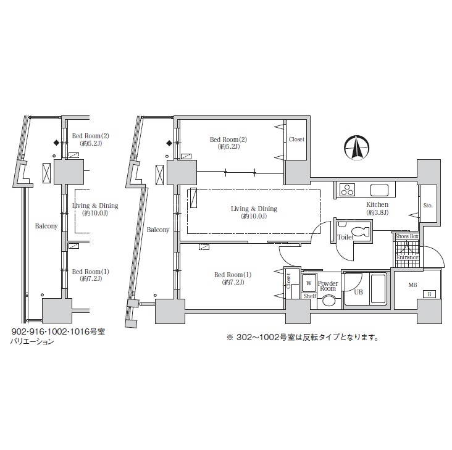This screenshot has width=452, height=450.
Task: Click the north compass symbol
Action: pos(356,148)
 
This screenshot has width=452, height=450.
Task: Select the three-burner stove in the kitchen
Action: pos(347,190)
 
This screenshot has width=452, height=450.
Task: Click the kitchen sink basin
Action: pos(379,190)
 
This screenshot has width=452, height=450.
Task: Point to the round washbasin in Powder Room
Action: pos(329,301)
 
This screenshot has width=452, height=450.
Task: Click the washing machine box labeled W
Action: pos(309,283)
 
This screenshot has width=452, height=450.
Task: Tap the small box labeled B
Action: pos(429,294)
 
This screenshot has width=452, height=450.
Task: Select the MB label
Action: pos(412,285)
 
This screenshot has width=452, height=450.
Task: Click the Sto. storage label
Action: pos(428,206)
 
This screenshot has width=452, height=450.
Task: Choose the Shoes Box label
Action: pos(407,236)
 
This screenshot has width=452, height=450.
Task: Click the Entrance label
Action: pos(408,257)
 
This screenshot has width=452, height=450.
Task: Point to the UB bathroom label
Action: pos(358,292)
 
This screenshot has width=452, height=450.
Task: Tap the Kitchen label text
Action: pos(377,204)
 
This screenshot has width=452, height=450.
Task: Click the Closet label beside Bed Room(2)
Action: pos(296,139)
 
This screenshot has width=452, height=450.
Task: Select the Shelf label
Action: pos(309,296)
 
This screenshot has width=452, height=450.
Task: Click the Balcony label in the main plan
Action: pos(157,230)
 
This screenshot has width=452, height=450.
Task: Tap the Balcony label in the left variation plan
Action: pos(46,226)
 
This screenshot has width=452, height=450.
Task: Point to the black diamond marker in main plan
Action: pos(169,143)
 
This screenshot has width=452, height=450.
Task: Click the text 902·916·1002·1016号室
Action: pos(58,331)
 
